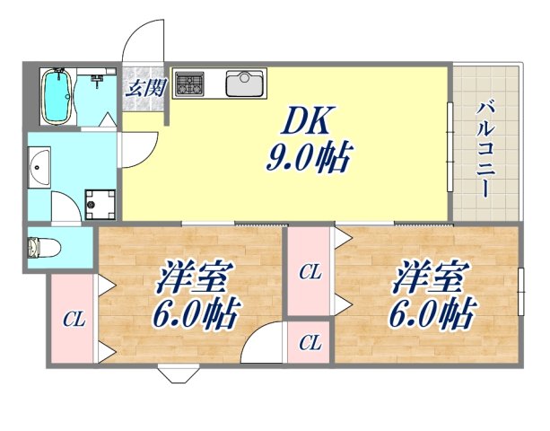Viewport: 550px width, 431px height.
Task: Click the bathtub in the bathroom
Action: click(x=58, y=96)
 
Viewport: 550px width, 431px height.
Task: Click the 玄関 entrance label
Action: click(x=144, y=87)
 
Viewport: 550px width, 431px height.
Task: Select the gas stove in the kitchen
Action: click(x=190, y=85)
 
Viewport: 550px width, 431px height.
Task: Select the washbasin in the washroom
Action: click(x=39, y=165)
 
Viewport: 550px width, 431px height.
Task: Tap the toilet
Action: click(x=41, y=245)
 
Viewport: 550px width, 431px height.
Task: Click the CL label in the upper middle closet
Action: click(x=310, y=271)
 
